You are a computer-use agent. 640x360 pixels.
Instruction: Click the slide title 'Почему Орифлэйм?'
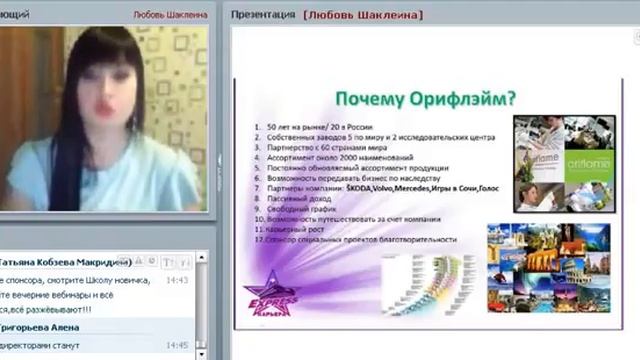[425, 99]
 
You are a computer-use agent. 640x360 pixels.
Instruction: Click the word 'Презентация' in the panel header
[262, 15]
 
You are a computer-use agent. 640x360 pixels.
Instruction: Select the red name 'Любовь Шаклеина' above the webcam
[171, 15]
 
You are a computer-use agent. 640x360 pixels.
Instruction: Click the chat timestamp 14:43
[177, 280]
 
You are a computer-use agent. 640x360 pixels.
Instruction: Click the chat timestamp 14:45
[177, 346]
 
